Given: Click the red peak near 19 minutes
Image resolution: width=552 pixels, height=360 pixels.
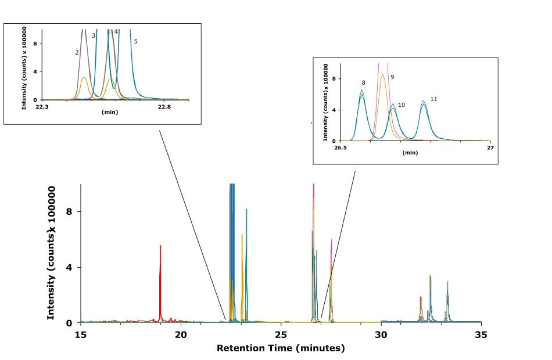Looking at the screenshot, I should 160,246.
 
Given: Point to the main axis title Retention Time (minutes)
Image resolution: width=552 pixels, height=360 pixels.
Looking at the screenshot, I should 281,348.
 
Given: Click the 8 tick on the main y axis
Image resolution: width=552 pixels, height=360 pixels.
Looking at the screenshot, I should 68,213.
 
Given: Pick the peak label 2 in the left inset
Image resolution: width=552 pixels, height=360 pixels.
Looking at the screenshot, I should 77,52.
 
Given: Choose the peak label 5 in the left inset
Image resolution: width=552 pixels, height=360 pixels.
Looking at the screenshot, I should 135,41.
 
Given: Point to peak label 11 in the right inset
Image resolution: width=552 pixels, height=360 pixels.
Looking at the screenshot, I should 433,99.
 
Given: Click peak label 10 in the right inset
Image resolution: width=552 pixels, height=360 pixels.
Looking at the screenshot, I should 401,105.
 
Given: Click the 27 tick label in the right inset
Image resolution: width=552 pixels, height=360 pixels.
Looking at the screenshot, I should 490,148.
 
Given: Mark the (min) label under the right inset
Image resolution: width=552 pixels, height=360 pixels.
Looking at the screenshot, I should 410,153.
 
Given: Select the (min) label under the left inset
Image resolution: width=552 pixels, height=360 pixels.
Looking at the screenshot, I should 110,112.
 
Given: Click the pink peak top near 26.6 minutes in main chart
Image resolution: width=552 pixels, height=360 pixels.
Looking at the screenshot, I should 314,185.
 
